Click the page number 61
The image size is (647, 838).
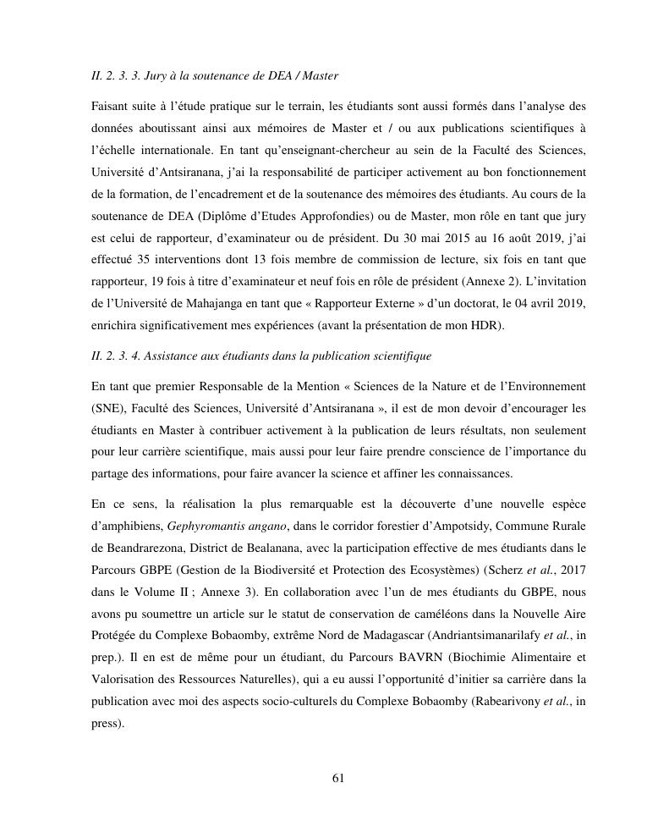(x=337, y=779)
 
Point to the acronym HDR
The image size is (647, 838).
(x=485, y=325)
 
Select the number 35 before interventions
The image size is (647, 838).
(x=149, y=259)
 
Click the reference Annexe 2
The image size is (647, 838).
(x=512, y=281)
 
